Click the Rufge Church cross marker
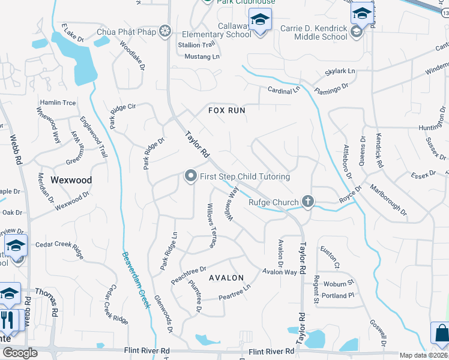coord(308,202)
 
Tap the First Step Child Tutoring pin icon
coord(191,176)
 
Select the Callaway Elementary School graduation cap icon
coord(260,20)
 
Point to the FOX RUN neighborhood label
coord(228,110)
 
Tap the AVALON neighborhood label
coord(226,278)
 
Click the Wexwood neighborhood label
coord(71,180)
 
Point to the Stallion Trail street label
coord(196,45)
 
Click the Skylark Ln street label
coord(340,71)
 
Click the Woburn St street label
coord(338,283)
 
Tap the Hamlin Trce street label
coord(58,103)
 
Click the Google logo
coord(20,353)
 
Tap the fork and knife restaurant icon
coord(8,319)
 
